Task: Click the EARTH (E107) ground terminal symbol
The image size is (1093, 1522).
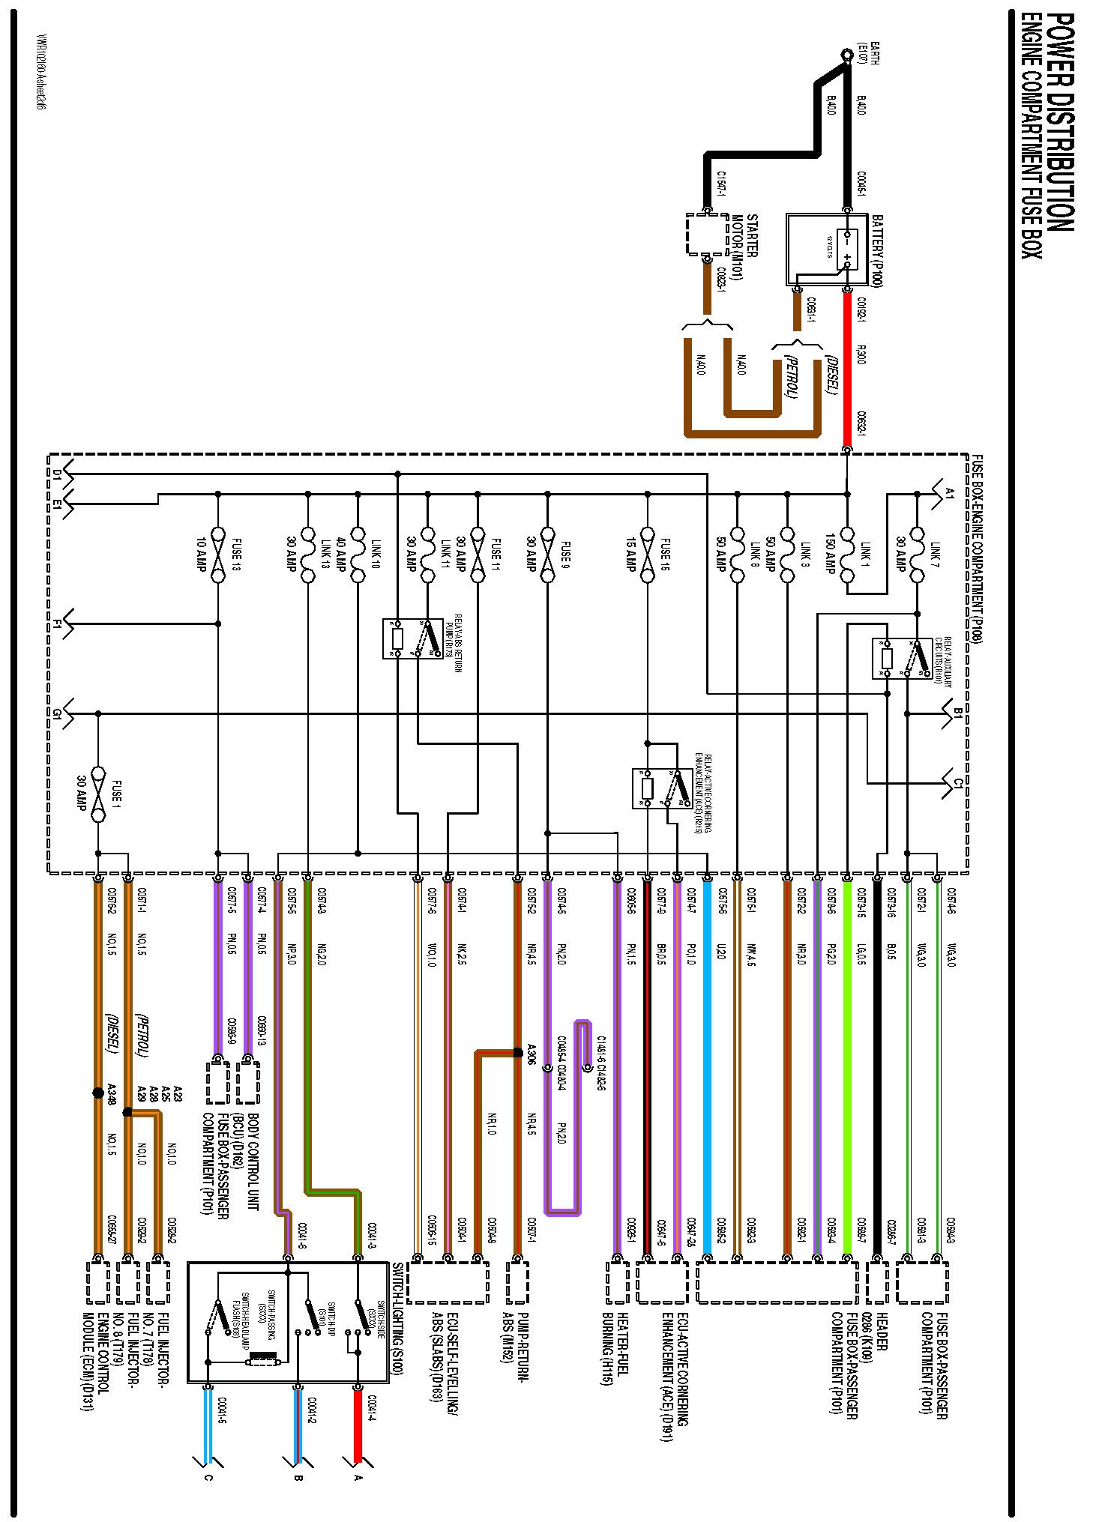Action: click(847, 54)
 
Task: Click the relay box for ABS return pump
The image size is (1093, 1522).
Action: click(412, 638)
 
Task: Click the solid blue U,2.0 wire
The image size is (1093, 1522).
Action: click(707, 1049)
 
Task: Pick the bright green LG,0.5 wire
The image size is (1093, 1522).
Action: click(847, 1049)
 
